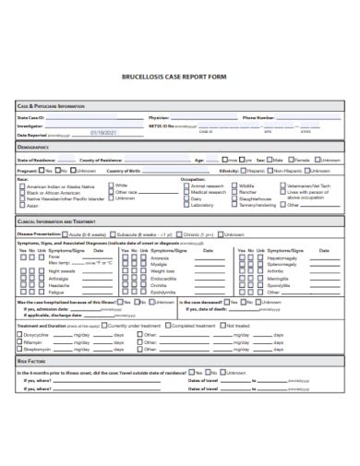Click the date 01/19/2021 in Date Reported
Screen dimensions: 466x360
pyautogui.click(x=104, y=134)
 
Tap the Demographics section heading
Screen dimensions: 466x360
pyautogui.click(x=33, y=148)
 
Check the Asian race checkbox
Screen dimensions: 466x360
pyautogui.click(x=21, y=205)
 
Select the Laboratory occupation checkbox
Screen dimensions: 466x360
pyautogui.click(x=185, y=205)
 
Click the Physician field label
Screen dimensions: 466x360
pyautogui.click(x=159, y=118)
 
